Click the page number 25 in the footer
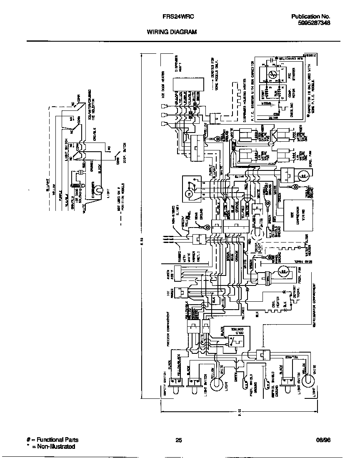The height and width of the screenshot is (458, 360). click(179, 440)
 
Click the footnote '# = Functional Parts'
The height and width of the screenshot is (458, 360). click(52, 440)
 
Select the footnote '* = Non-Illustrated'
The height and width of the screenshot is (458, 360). click(50, 446)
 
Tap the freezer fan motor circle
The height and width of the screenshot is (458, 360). click(284, 272)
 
